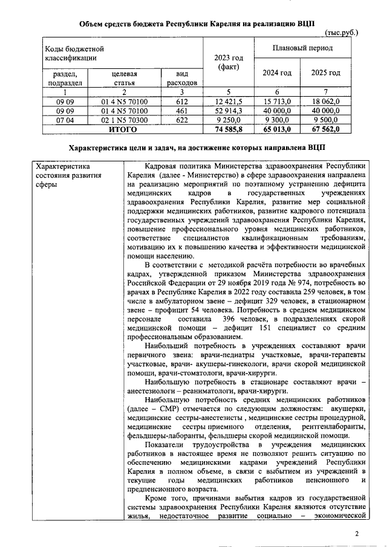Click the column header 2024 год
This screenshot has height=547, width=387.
pos(277,73)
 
